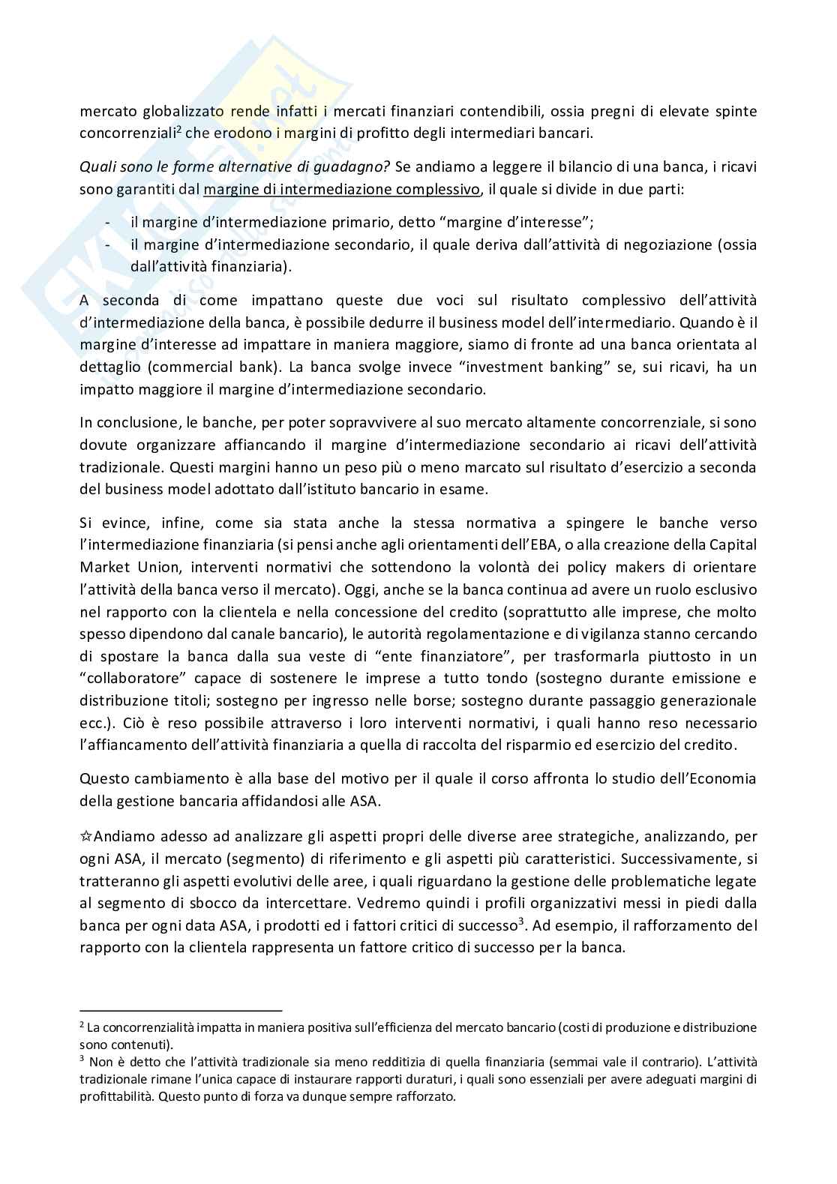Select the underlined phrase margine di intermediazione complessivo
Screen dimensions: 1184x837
point(341,190)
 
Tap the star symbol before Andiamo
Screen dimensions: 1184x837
point(85,836)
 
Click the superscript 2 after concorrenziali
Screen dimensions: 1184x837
point(179,129)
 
